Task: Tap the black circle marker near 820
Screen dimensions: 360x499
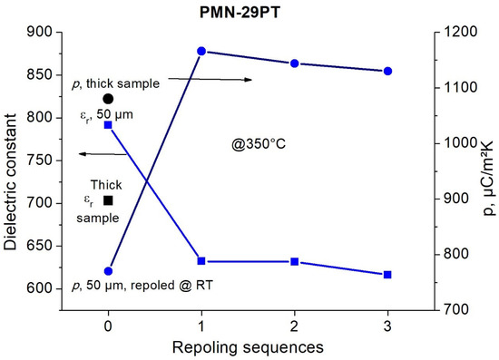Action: [x=108, y=99]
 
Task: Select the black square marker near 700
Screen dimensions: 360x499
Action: [x=108, y=200]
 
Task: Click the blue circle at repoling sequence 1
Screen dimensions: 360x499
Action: [x=201, y=52]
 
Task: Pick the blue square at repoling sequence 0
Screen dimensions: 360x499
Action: [x=108, y=124]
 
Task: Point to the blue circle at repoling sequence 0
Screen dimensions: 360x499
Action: [x=108, y=270]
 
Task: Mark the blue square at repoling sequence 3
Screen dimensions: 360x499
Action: [x=388, y=275]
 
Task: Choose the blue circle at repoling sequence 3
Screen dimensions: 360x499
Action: [x=388, y=71]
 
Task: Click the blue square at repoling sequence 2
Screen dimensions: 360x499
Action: [x=295, y=262]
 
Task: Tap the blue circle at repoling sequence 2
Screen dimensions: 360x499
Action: [x=295, y=63]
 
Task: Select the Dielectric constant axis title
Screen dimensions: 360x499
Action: [x=12, y=171]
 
